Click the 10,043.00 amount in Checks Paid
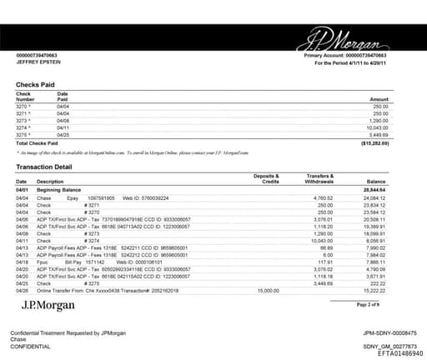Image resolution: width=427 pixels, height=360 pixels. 379,127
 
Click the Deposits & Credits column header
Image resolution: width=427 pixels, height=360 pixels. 266,178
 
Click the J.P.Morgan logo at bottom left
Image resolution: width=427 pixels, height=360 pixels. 49,307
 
